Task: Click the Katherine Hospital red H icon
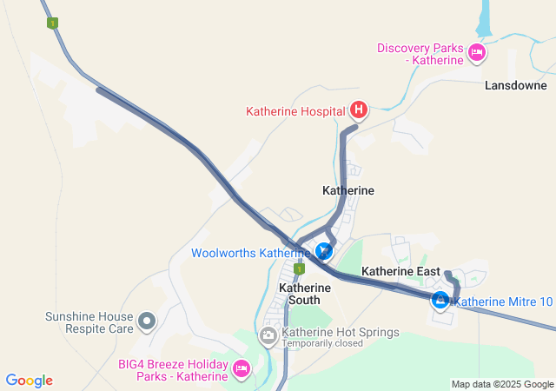pos(358,110)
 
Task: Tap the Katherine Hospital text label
pos(296,111)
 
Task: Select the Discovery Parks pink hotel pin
pos(476,54)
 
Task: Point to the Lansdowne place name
pos(516,86)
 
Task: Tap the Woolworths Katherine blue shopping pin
pos(324,252)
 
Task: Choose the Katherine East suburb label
pos(402,271)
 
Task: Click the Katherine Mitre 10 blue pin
pos(440,301)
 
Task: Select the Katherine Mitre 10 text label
pos(503,302)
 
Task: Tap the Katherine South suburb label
pos(299,293)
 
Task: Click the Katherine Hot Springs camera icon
pos(268,334)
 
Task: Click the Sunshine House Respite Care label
pos(90,323)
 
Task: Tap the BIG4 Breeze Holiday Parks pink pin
pos(242,369)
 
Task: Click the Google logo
pos(30,381)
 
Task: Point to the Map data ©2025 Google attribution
pos(502,384)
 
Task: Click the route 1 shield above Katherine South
pos(299,270)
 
